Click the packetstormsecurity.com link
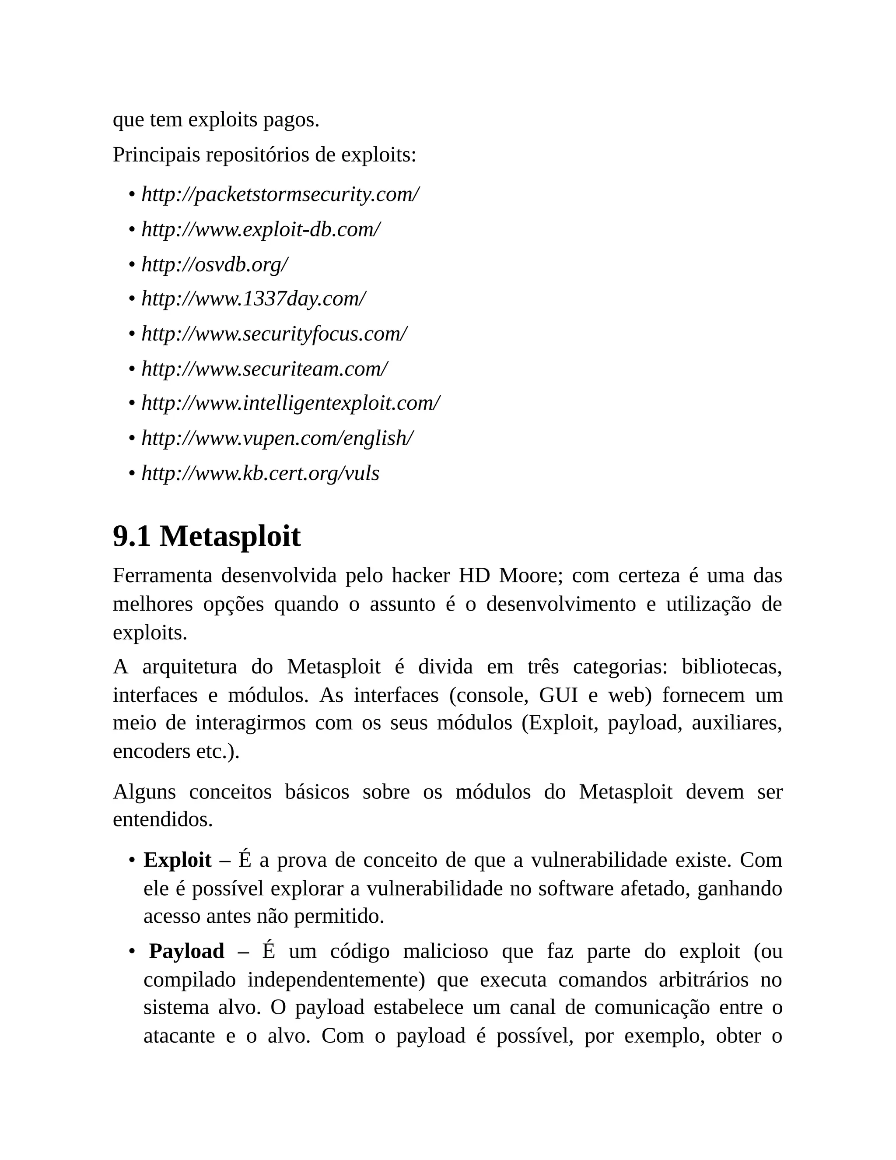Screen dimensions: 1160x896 coord(280,195)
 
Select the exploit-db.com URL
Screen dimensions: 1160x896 coord(261,229)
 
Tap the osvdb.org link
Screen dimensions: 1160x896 coord(214,264)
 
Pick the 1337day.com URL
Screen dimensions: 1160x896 coord(253,299)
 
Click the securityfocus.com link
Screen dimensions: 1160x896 coord(274,334)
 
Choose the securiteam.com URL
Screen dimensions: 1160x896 coord(264,369)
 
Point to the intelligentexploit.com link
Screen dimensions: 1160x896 coord(290,404)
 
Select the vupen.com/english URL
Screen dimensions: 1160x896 coord(277,438)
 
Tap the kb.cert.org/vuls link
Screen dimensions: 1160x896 coord(260,473)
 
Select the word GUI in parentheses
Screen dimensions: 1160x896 coord(558,695)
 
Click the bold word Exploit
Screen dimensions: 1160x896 coord(177,860)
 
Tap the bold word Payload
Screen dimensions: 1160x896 coord(186,951)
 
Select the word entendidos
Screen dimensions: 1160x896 coord(162,819)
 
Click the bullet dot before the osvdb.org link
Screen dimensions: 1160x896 coord(132,265)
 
